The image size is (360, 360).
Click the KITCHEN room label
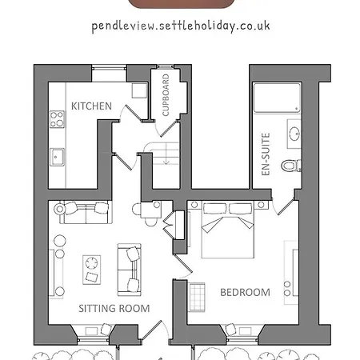click(91, 106)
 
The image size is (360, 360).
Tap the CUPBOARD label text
click(166, 95)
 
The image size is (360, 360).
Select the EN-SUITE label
click(266, 152)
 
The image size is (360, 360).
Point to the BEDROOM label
click(245, 292)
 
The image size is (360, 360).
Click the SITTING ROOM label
click(114, 308)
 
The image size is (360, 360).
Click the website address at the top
click(180, 25)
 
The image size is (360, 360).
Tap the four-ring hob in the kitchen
click(58, 119)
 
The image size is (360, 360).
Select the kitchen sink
click(58, 156)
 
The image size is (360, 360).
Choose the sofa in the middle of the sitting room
click(130, 268)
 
